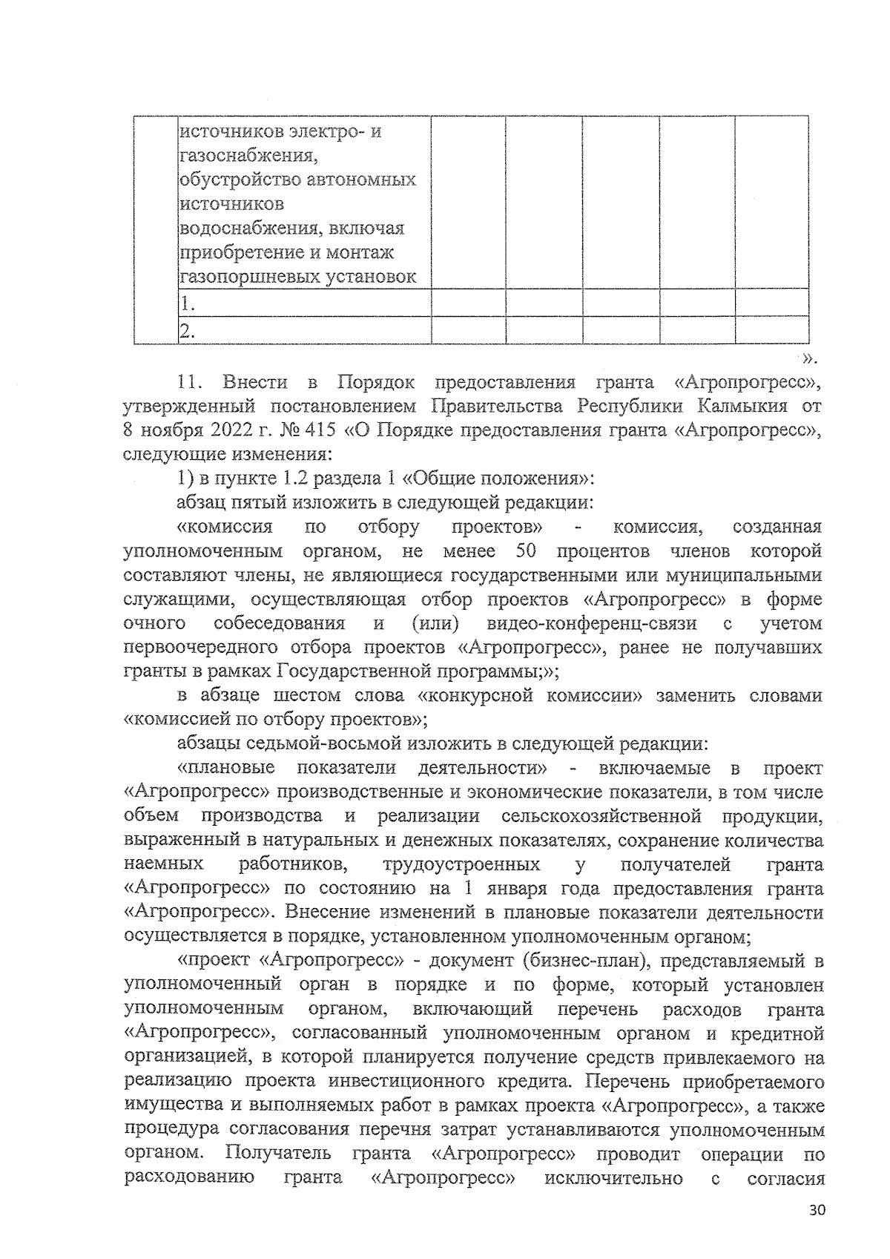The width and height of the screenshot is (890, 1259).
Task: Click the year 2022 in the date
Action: (x=216, y=431)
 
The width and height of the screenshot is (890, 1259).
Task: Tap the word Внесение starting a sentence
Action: (x=330, y=913)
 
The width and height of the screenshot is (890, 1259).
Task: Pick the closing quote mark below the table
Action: (x=810, y=359)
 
